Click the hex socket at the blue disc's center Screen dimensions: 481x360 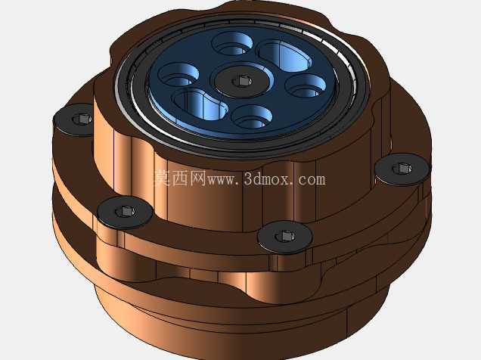tap(242, 82)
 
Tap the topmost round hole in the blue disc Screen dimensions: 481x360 tap(233, 44)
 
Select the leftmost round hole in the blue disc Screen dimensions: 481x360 tap(178, 75)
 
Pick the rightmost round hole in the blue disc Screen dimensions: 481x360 tap(306, 86)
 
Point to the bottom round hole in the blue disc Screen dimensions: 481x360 tap(252, 116)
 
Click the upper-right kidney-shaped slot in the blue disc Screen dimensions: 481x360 tap(284, 56)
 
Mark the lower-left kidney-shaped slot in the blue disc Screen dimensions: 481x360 tap(200, 104)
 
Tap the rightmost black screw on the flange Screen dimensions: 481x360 tap(402, 169)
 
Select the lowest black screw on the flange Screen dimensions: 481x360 tap(285, 237)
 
